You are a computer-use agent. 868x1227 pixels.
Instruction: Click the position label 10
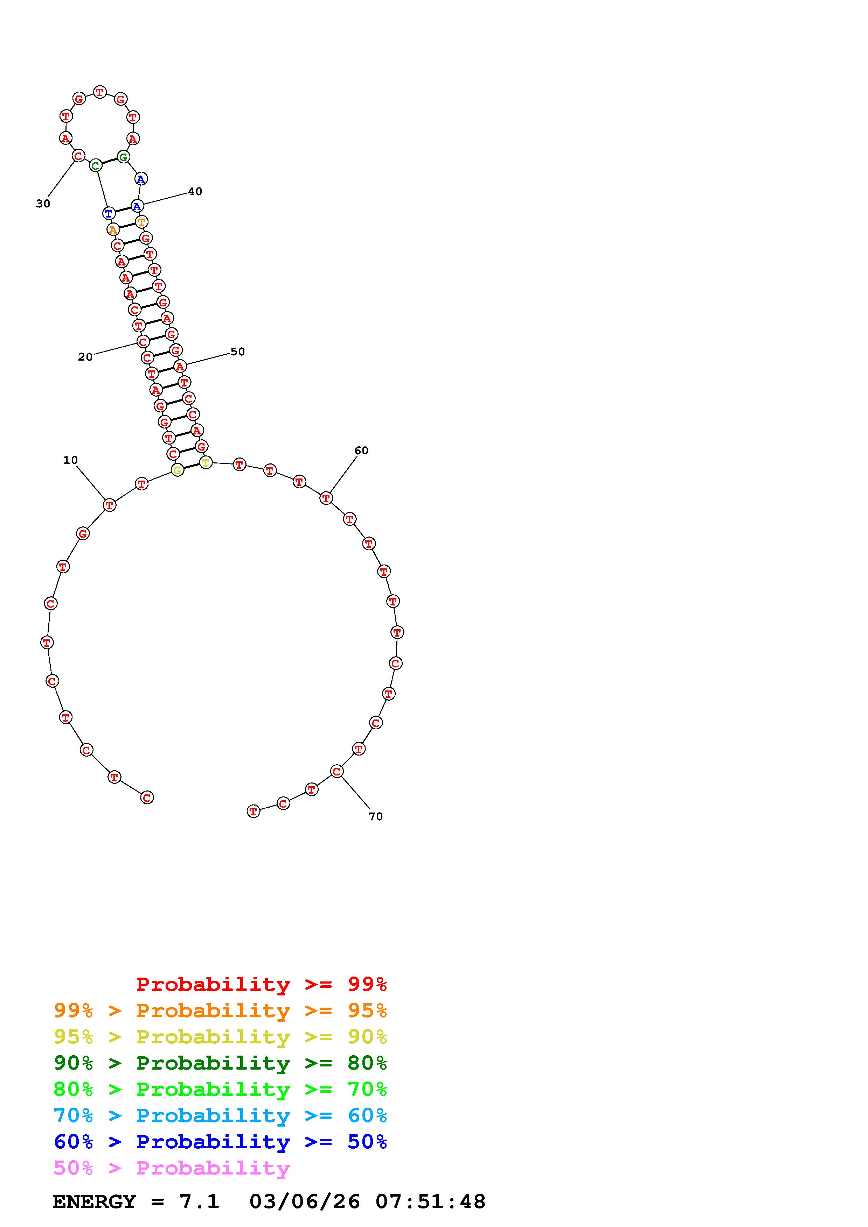click(x=71, y=460)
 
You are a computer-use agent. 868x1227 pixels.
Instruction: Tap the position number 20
click(x=85, y=357)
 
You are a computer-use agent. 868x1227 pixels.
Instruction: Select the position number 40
click(x=195, y=191)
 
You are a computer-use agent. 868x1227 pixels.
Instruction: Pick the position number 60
click(x=362, y=451)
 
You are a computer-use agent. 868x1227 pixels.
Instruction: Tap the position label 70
click(x=376, y=816)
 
